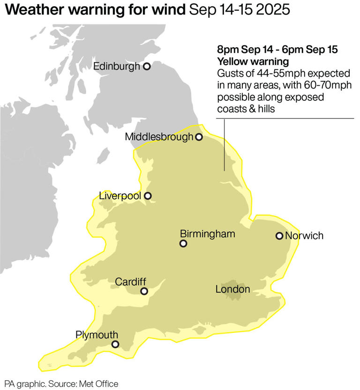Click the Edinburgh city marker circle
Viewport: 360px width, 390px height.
(x=146, y=66)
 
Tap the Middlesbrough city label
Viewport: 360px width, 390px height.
(x=159, y=137)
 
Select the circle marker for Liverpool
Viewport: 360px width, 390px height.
(x=148, y=196)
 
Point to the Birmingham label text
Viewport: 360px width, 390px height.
(x=207, y=234)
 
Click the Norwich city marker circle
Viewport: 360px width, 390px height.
(x=279, y=235)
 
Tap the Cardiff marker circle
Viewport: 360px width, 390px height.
(x=144, y=291)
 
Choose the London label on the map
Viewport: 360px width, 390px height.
(x=232, y=290)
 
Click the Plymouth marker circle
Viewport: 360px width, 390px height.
(x=115, y=345)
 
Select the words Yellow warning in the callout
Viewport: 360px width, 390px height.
(x=246, y=62)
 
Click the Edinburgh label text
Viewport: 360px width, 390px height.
(x=117, y=66)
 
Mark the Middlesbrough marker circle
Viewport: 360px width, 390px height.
(x=199, y=137)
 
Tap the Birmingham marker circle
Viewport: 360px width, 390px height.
(x=183, y=243)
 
